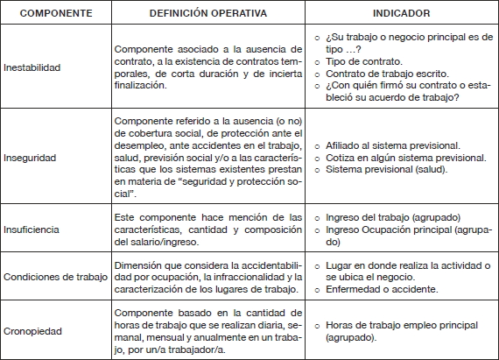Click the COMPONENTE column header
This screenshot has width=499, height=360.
(x=55, y=14)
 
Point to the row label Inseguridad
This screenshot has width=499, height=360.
(x=30, y=158)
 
